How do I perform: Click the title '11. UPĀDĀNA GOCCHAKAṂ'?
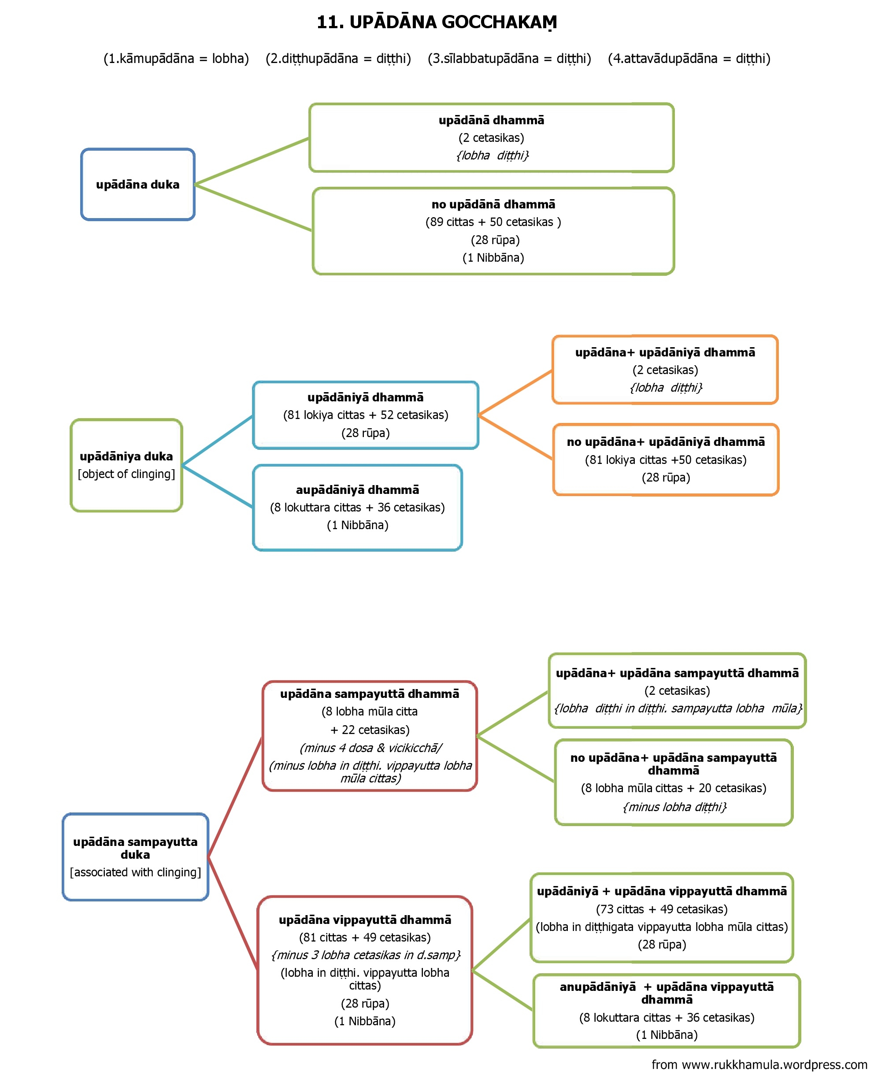pyautogui.click(x=437, y=22)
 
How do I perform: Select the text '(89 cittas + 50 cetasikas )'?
pyautogui.click(x=493, y=222)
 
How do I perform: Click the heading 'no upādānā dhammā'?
pyautogui.click(x=493, y=204)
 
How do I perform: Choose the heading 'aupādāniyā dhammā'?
pyautogui.click(x=357, y=489)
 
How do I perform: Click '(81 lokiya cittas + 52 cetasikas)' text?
pyautogui.click(x=366, y=415)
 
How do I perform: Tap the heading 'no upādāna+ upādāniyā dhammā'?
pyautogui.click(x=666, y=441)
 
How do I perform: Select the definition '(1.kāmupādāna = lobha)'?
pyautogui.click(x=176, y=59)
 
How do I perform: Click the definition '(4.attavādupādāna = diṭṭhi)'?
pyautogui.click(x=689, y=59)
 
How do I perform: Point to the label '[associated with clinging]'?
pyautogui.click(x=135, y=872)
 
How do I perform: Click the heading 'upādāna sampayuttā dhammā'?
pyautogui.click(x=370, y=694)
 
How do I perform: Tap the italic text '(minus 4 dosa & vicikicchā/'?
pyautogui.click(x=370, y=748)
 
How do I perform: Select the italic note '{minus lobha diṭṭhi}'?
pyautogui.click(x=674, y=807)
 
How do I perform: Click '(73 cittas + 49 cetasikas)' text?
pyautogui.click(x=662, y=909)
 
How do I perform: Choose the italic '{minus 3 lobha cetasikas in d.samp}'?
pyautogui.click(x=366, y=955)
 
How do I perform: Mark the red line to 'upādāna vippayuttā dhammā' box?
pyautogui.click(x=233, y=914)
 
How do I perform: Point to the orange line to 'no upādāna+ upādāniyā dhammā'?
pyautogui.click(x=515, y=437)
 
